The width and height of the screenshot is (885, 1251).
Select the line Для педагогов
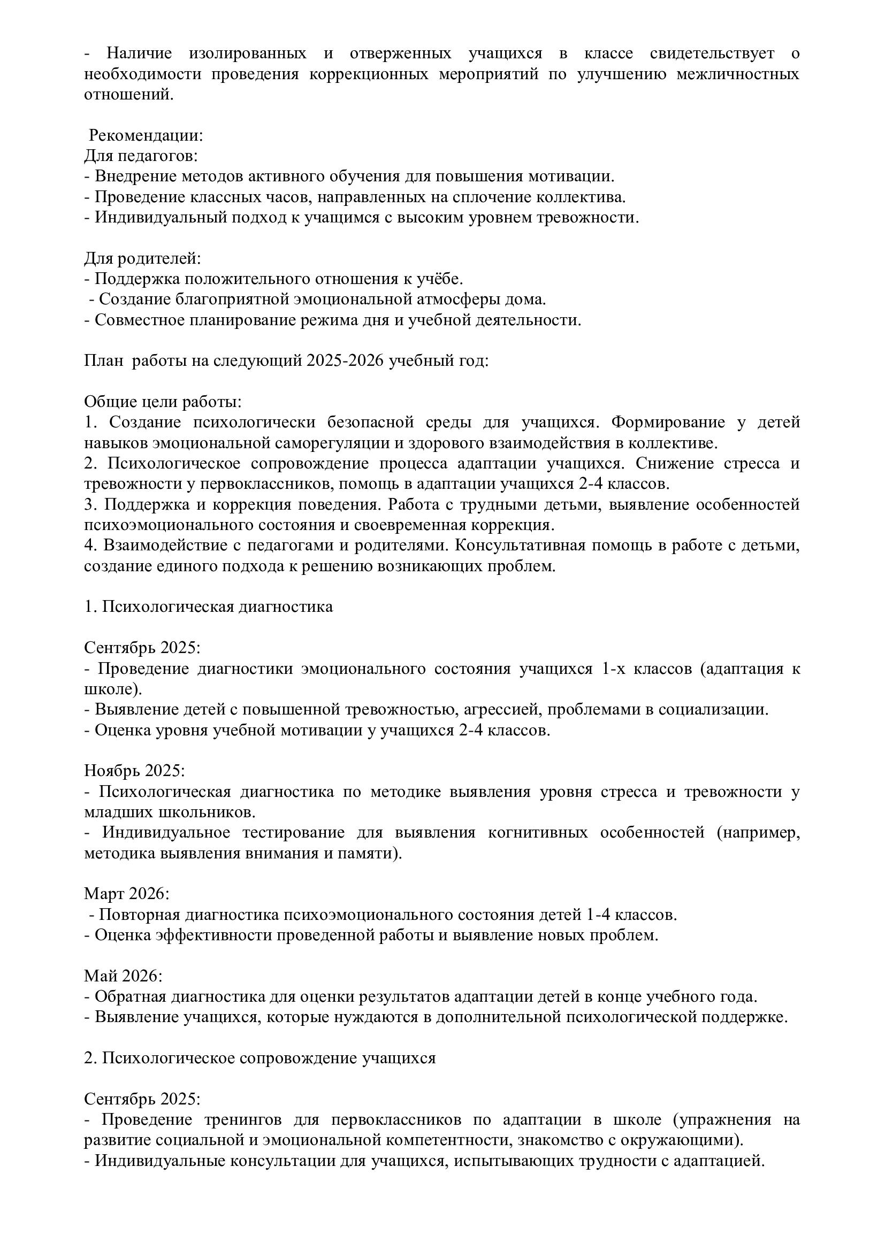141,156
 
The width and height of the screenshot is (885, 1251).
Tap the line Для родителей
142,258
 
